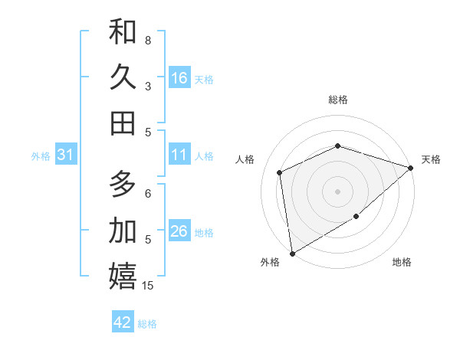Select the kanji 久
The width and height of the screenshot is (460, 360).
click(x=123, y=77)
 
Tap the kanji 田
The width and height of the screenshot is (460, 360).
click(x=123, y=123)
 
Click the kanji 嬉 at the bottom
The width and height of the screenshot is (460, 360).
click(x=123, y=276)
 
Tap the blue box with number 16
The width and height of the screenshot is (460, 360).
click(x=179, y=78)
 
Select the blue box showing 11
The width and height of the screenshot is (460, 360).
click(x=179, y=155)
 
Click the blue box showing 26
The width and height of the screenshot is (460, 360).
click(x=179, y=231)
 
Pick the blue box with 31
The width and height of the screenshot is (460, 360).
click(x=65, y=155)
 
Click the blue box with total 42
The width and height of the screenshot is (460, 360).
click(x=123, y=322)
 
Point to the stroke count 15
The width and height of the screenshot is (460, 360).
click(x=148, y=286)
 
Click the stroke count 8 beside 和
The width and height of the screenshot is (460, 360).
click(x=148, y=40)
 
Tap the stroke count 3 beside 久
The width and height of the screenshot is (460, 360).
click(x=148, y=87)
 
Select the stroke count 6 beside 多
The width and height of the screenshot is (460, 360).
click(x=148, y=194)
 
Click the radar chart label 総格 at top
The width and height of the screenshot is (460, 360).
click(x=338, y=100)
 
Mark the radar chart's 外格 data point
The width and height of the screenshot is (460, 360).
click(x=292, y=253)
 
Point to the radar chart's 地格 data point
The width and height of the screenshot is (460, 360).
click(x=356, y=217)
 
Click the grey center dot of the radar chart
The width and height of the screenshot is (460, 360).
click(x=338, y=191)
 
